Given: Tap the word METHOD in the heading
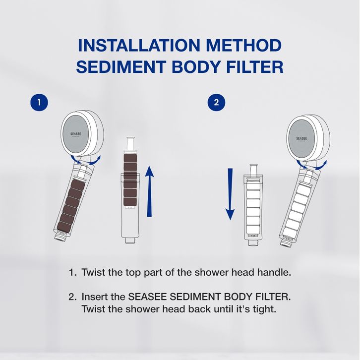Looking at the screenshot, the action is tap(243, 45).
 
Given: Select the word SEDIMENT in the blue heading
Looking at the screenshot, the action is tap(121, 67).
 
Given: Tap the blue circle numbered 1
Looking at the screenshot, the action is tap(39, 102).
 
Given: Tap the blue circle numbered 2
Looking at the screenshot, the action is tap(216, 102).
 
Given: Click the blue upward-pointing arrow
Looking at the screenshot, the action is tap(149, 191).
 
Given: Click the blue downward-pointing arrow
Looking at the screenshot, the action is tap(230, 194).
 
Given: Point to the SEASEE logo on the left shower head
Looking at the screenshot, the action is tap(75, 134).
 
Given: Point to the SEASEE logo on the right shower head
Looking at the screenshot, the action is tap(301, 139).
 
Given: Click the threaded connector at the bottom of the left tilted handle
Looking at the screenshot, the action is tap(60, 237).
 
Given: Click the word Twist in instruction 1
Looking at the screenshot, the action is tap(94, 273).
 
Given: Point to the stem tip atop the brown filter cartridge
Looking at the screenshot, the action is tap(130, 139).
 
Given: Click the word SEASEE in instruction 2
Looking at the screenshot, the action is tap(147, 297).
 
